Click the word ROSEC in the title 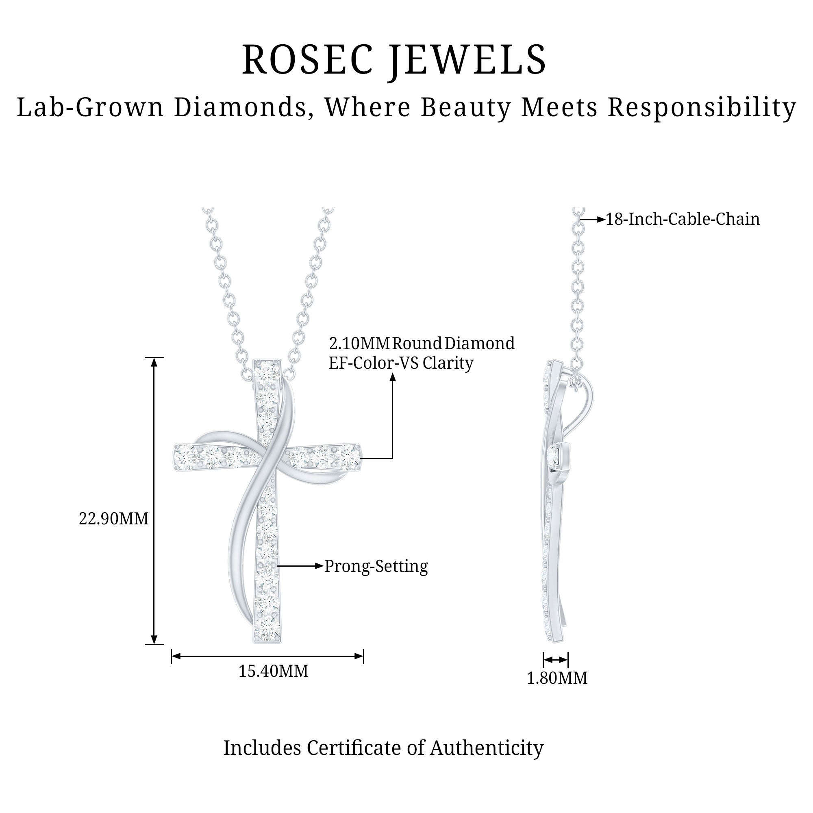[x=307, y=60]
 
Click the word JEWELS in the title [x=467, y=60]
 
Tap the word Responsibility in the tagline [x=702, y=107]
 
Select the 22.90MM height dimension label [x=114, y=519]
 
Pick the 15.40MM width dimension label [x=273, y=671]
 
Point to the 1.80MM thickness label [x=557, y=678]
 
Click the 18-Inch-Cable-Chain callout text [x=683, y=219]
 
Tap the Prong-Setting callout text [x=376, y=566]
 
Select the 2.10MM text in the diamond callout [x=359, y=343]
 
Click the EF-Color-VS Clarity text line [x=401, y=363]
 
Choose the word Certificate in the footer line [x=355, y=748]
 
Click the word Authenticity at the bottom [x=487, y=748]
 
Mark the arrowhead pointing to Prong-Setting [x=320, y=566]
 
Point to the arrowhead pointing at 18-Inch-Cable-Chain [x=601, y=219]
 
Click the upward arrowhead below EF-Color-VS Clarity [x=393, y=377]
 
